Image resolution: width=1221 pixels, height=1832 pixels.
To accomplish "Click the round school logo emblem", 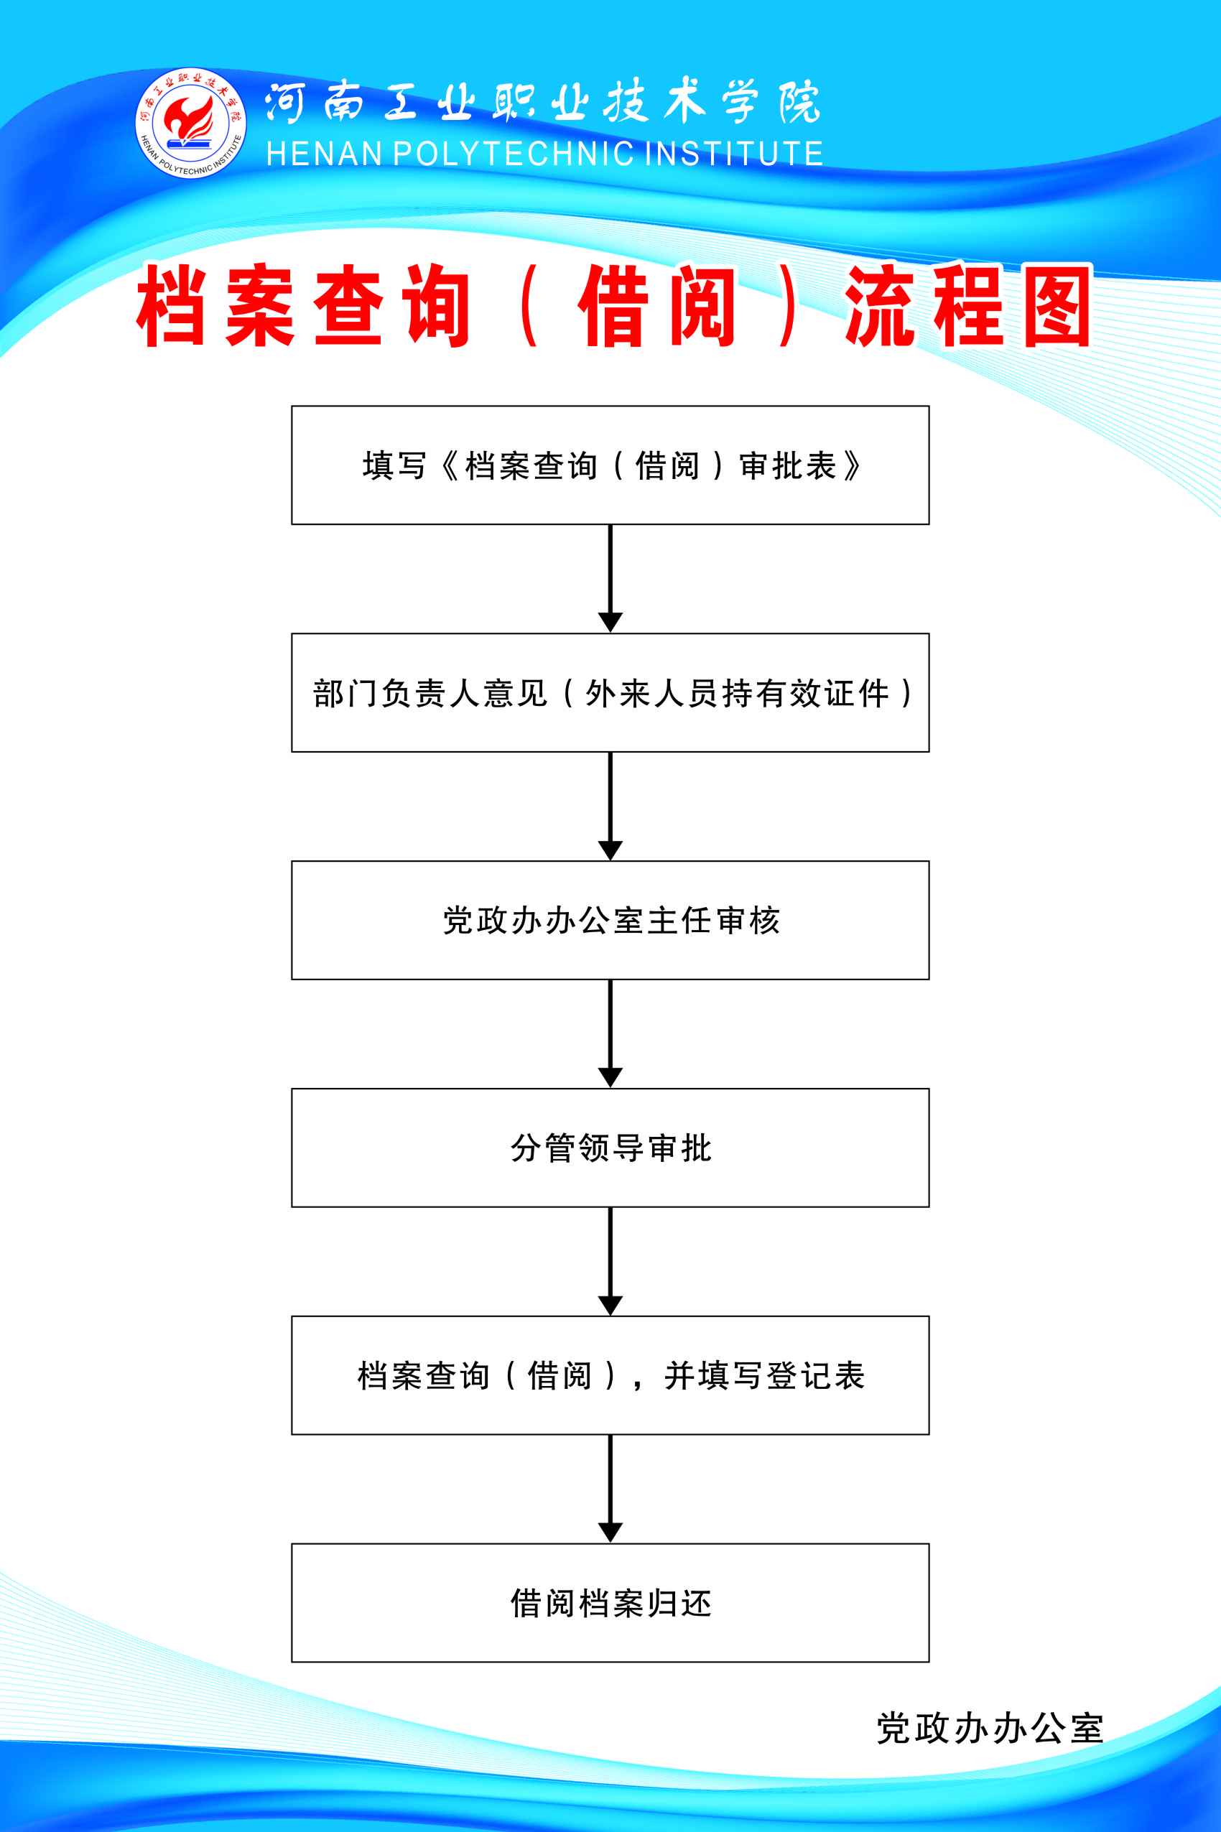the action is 191,123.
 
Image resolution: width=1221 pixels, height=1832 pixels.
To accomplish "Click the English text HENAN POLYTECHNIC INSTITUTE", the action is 544,154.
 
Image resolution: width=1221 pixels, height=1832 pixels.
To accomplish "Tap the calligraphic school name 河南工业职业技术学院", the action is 543,102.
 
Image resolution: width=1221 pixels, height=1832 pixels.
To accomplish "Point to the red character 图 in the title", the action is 1057,305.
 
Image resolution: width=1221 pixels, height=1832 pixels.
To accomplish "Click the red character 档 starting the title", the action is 172,305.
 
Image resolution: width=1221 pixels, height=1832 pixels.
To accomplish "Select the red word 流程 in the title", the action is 924,305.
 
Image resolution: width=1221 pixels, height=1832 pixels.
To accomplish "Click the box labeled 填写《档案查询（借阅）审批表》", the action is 610,465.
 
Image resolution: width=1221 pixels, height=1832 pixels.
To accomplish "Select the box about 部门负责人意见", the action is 610,692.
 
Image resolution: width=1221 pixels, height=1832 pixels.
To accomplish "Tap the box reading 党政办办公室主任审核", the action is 610,920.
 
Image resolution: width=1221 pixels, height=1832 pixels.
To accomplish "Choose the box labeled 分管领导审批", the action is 610,1148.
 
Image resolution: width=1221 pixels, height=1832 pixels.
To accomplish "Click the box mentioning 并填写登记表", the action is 610,1375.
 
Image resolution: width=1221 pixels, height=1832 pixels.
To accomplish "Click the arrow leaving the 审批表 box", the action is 610,579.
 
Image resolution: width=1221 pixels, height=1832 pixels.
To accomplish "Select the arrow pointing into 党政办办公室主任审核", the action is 610,806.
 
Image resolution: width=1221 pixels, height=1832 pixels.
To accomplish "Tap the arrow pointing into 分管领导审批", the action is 610,1034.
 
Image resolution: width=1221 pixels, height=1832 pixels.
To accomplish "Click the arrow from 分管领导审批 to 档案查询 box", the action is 610,1261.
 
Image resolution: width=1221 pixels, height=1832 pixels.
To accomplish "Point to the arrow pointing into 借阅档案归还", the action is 610,1489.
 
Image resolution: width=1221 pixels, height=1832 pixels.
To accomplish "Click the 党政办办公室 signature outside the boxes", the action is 990,1728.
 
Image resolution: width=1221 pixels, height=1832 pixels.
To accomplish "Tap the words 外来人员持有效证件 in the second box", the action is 738,693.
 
